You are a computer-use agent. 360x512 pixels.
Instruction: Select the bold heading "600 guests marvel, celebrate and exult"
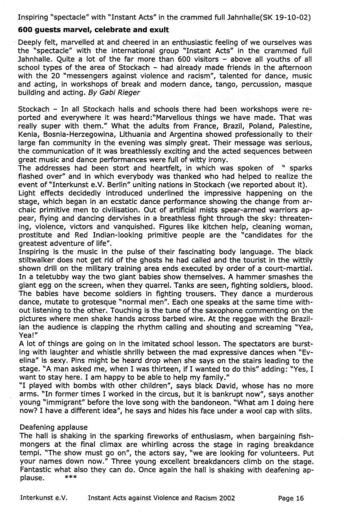(x=93, y=30)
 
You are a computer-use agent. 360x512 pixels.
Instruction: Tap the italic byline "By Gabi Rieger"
(x=114, y=92)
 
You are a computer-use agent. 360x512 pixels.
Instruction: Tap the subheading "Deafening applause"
(x=54, y=427)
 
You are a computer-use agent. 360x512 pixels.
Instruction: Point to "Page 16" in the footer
(x=291, y=498)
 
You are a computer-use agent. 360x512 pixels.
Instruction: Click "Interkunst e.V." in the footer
(x=44, y=498)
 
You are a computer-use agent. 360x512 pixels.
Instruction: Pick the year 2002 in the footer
(x=227, y=498)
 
